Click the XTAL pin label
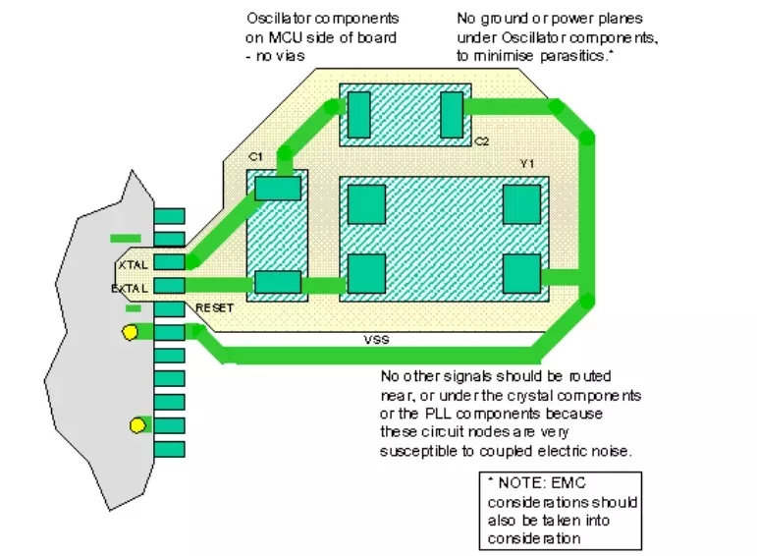pyautogui.click(x=134, y=264)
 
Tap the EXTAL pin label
pyautogui.click(x=130, y=289)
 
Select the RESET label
pyautogui.click(x=214, y=307)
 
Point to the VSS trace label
pyautogui.click(x=376, y=340)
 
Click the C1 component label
pyautogui.click(x=255, y=157)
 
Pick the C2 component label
pyautogui.click(x=481, y=141)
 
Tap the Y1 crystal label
pyautogui.click(x=527, y=164)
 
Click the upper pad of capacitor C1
pyautogui.click(x=278, y=189)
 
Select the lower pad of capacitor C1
pyautogui.click(x=278, y=282)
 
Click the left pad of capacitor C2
pyautogui.click(x=358, y=115)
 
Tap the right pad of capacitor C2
pyautogui.click(x=452, y=115)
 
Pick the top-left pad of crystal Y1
pyautogui.click(x=366, y=204)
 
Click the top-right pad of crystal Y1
pyautogui.click(x=521, y=204)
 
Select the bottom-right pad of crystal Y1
pyautogui.click(x=521, y=274)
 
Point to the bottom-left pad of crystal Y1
pyautogui.click(x=366, y=274)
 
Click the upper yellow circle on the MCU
pyautogui.click(x=130, y=332)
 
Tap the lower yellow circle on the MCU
pyautogui.click(x=137, y=425)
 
